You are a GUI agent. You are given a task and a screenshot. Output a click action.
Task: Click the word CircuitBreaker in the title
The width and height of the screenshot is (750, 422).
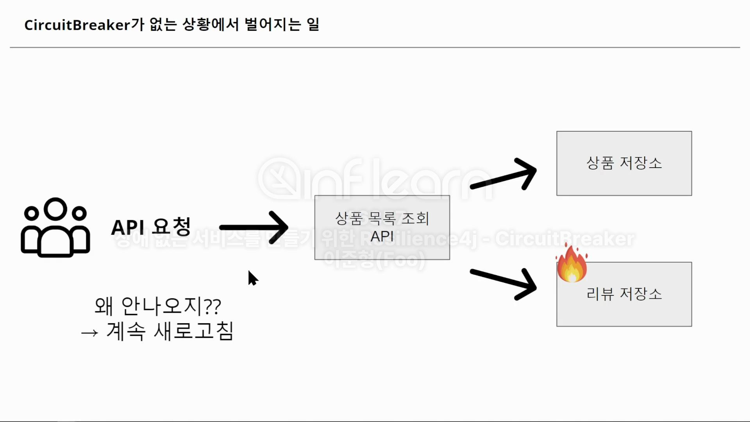pos(77,25)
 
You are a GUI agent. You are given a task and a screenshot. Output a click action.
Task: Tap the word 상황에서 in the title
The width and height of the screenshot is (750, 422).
pos(211,25)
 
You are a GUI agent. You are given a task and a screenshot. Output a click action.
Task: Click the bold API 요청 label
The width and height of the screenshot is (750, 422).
pos(151,227)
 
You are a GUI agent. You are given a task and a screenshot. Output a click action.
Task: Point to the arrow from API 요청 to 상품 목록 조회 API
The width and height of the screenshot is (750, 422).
pos(254,227)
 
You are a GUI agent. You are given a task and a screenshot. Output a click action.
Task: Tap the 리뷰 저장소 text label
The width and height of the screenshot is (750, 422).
pos(624,294)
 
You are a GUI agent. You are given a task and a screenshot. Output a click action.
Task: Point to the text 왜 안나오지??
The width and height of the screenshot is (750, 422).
pos(158,306)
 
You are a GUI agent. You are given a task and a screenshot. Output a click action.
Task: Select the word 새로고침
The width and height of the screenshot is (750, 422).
pos(194,331)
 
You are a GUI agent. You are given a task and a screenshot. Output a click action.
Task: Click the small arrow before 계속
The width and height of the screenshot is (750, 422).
pos(89,333)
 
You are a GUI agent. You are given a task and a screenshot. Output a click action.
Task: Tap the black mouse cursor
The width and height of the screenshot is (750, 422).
pos(252,278)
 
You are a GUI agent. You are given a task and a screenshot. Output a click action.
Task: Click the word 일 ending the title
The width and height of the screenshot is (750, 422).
pos(313,25)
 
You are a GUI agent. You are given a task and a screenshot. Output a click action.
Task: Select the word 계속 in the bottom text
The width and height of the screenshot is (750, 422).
pos(126,331)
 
